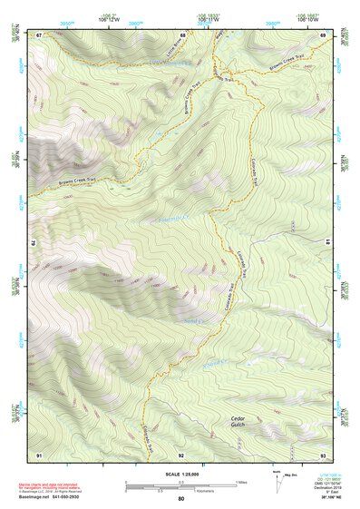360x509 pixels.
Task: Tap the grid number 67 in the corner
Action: pos(39,34)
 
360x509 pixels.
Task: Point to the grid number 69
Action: pos(324,34)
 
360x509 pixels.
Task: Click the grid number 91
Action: pos(39,454)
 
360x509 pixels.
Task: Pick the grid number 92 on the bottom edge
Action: pos(181,454)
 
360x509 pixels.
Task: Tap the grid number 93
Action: pos(324,454)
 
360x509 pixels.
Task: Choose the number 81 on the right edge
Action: pos(326,242)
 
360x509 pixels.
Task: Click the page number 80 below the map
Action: pos(181,499)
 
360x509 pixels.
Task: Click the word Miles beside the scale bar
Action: pos(241,481)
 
